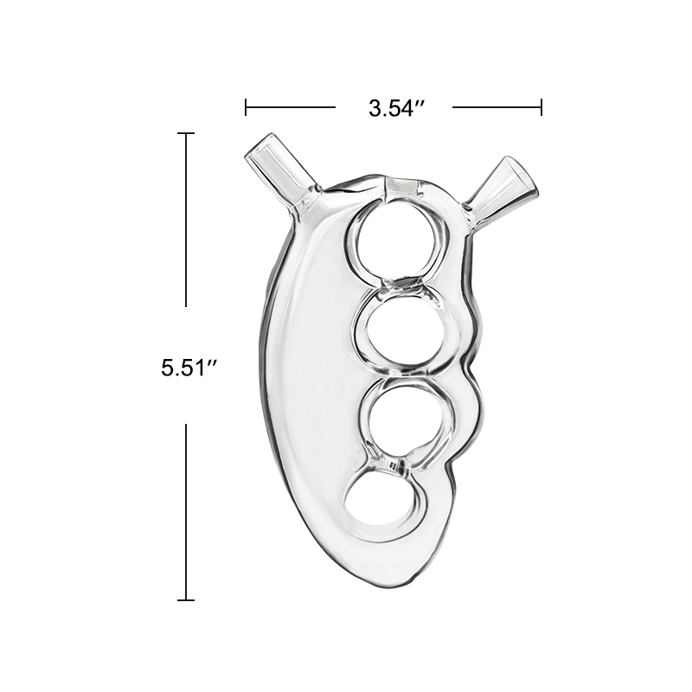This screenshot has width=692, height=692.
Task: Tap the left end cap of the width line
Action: (x=247, y=107)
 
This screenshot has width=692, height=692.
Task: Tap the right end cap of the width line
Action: (x=541, y=107)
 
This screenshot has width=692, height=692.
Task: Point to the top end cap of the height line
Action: (x=186, y=133)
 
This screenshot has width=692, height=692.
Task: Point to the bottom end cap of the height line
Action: (x=186, y=599)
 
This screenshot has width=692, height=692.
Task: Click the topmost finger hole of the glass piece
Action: (x=398, y=239)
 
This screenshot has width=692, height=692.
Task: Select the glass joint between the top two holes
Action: (x=403, y=283)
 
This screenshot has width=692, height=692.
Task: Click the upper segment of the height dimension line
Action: (x=186, y=220)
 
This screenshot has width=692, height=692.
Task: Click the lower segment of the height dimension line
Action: (x=186, y=510)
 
